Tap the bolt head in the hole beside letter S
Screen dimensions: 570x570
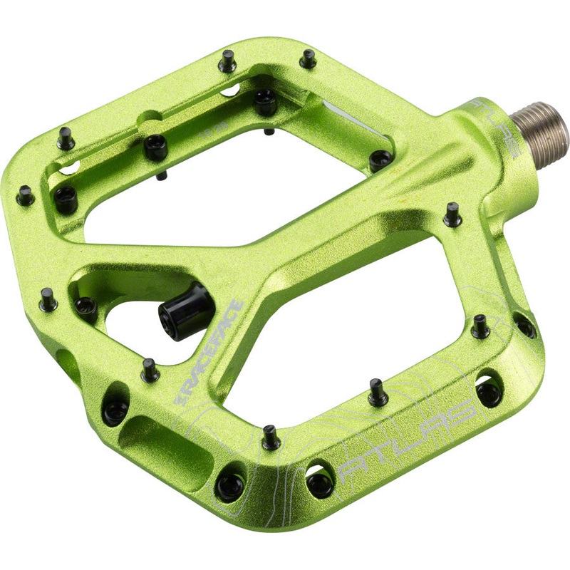click(489, 393)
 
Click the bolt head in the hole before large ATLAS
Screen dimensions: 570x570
click(320, 484)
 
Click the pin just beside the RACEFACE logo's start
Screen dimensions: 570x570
click(150, 369)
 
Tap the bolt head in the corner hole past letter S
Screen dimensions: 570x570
click(525, 326)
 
